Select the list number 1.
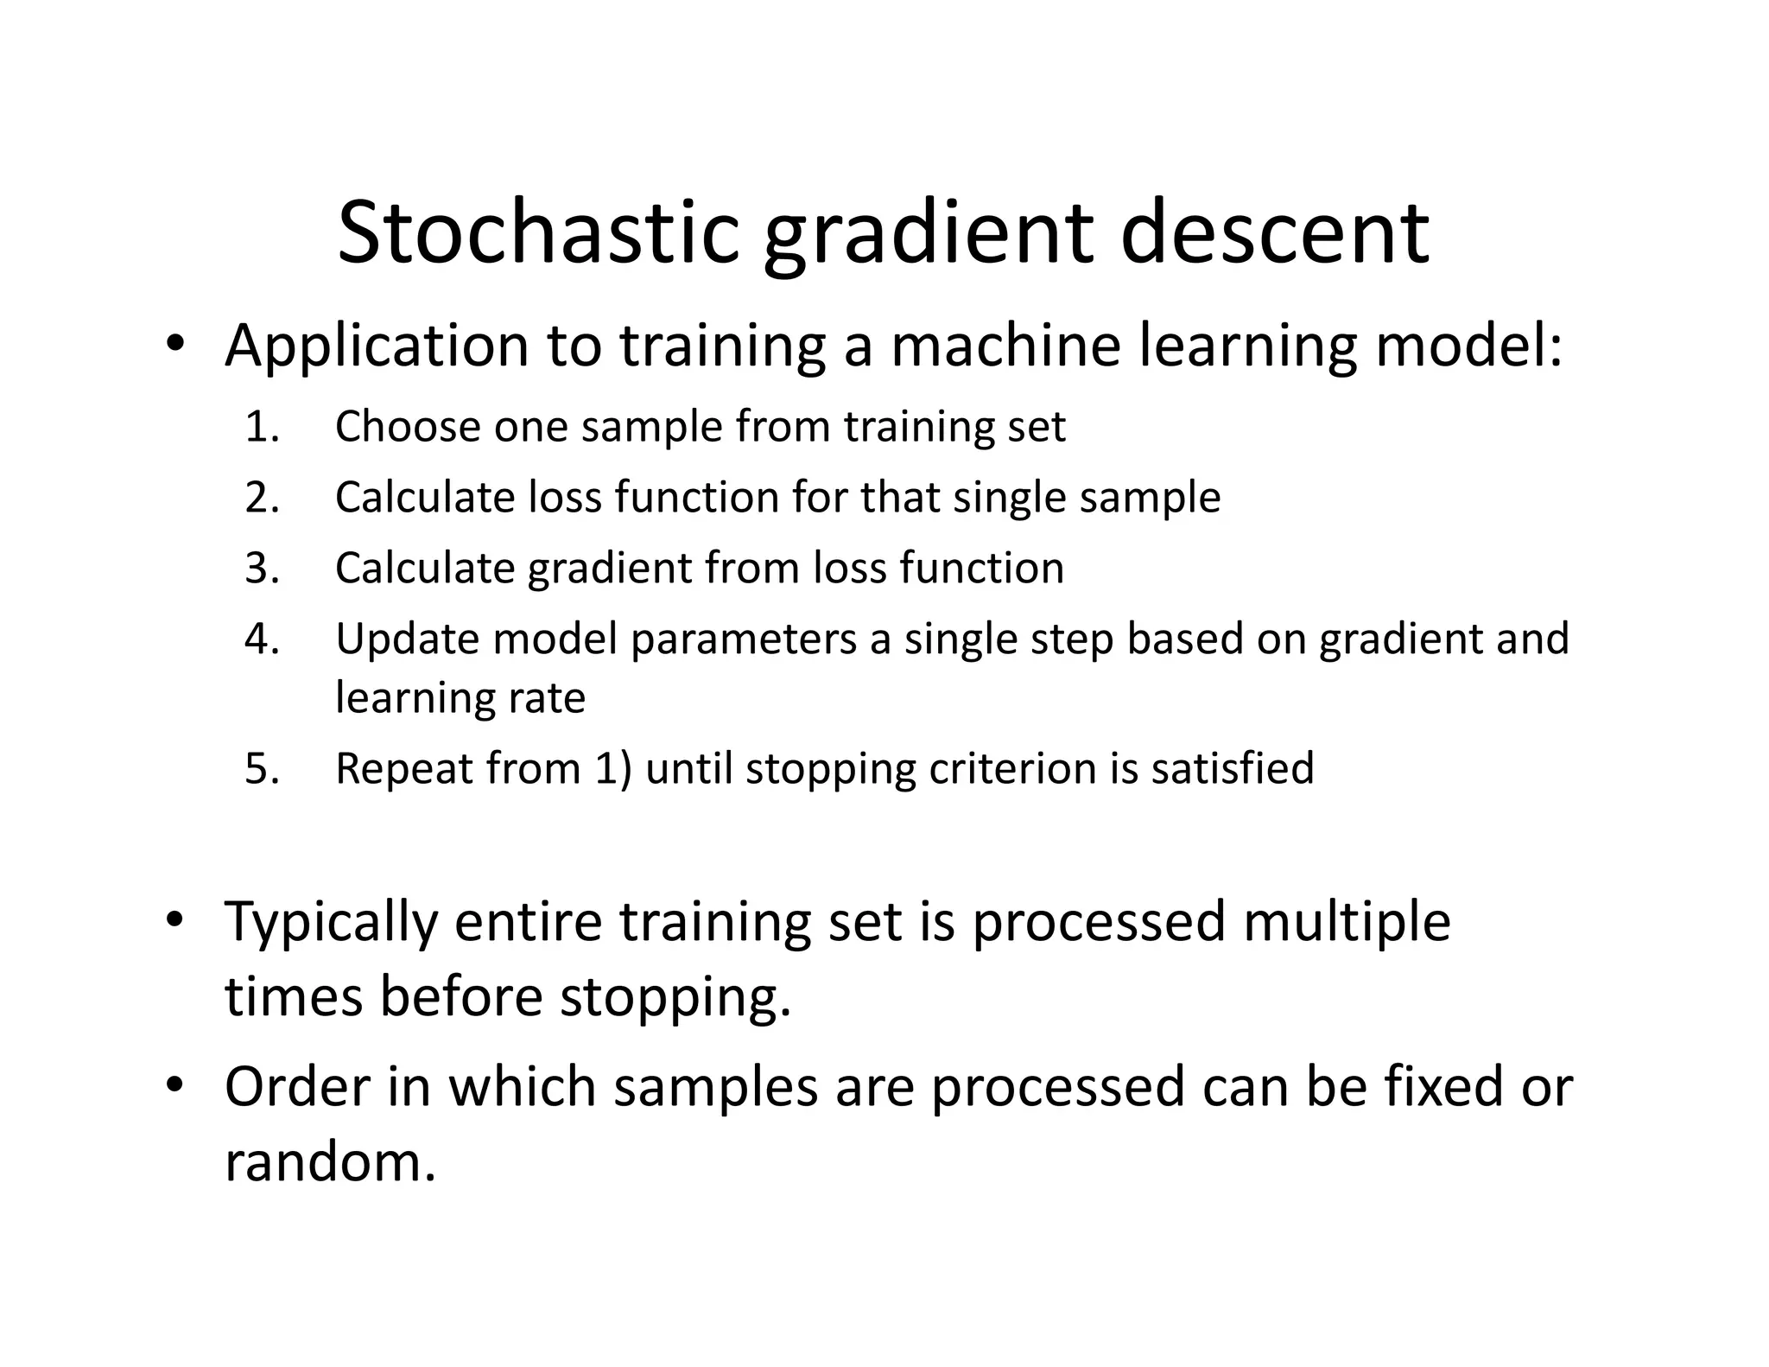[262, 427]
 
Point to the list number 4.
[262, 639]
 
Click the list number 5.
[262, 769]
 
